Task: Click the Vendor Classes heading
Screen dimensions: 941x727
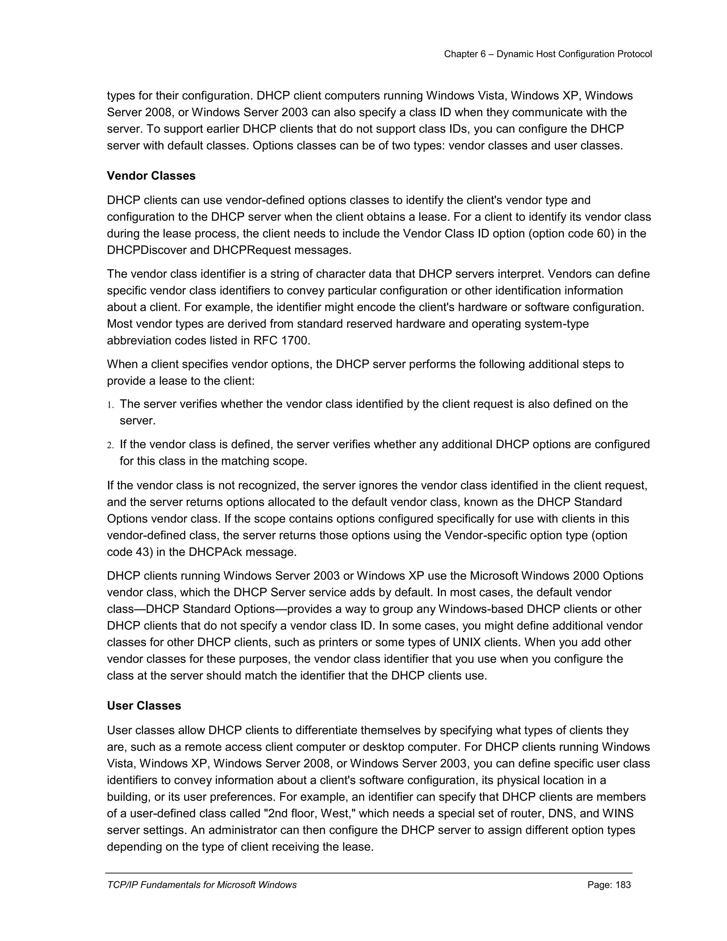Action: pyautogui.click(x=151, y=176)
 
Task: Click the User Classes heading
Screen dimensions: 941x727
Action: pyautogui.click(x=144, y=706)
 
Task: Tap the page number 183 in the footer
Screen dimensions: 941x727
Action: pyautogui.click(x=623, y=885)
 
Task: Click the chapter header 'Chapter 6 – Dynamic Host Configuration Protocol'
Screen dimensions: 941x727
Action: pyautogui.click(x=548, y=54)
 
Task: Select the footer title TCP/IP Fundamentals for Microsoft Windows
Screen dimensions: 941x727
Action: pyautogui.click(x=202, y=885)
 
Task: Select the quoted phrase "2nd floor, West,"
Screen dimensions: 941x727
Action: pyautogui.click(x=309, y=814)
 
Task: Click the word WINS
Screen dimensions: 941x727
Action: pyautogui.click(x=618, y=814)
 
